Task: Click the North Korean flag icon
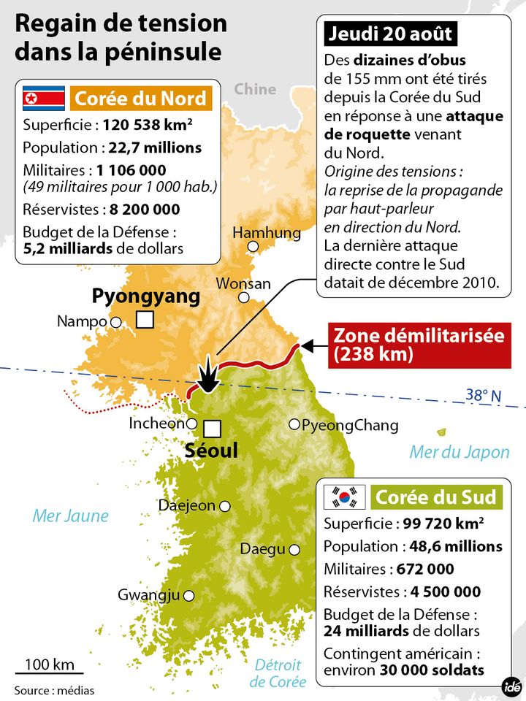40,98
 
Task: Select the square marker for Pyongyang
145,319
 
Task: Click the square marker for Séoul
212,429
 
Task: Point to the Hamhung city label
267,233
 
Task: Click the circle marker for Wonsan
244,297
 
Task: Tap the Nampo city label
82,321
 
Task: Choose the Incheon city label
156,424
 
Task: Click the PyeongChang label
350,425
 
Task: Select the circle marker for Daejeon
225,506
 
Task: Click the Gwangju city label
148,595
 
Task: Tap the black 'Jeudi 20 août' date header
391,34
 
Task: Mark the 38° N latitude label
484,396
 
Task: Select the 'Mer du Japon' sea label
459,452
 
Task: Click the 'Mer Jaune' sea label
70,516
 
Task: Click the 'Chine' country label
255,89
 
